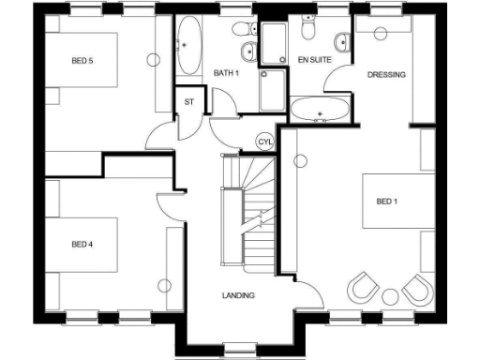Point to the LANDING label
(238, 296)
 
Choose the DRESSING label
(386, 75)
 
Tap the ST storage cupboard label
(188, 101)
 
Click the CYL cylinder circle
(264, 141)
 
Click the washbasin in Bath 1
(248, 52)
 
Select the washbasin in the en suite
(341, 41)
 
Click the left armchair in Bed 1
(362, 285)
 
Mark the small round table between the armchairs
(388, 297)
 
